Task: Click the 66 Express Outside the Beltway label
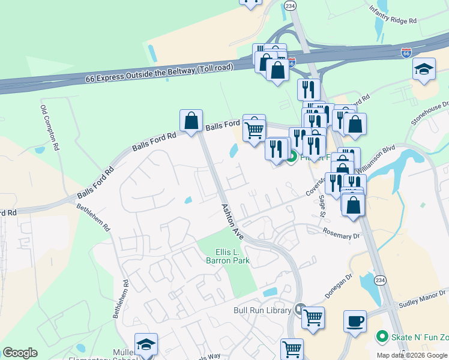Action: coord(158,74)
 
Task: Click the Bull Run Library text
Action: coord(262,310)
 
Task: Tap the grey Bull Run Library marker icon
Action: coord(301,310)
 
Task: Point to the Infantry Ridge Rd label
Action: coord(393,17)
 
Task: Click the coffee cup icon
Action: coord(355,320)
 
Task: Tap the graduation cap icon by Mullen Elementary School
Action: coord(146,344)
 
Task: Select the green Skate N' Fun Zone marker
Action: coord(381,337)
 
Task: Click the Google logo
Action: coord(20,353)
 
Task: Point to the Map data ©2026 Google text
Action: coord(412,355)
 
